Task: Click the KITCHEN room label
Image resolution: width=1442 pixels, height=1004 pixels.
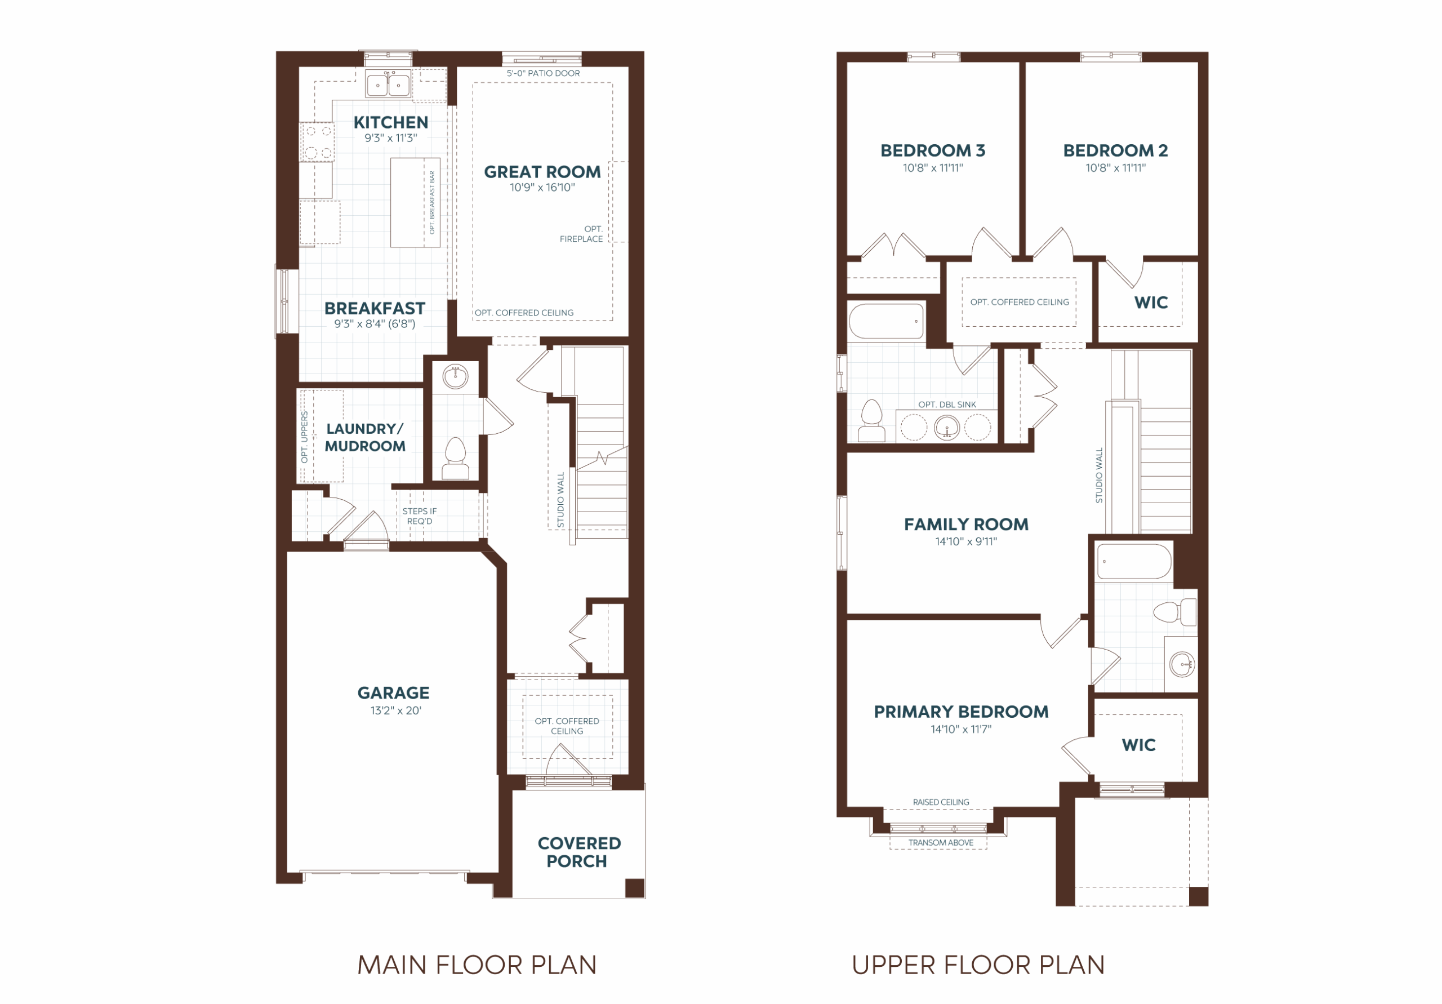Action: (391, 122)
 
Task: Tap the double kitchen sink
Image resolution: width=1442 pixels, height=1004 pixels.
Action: (388, 84)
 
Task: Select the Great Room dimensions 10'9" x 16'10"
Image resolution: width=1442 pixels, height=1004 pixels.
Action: (542, 187)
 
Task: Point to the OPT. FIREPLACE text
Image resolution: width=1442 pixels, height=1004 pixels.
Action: (581, 234)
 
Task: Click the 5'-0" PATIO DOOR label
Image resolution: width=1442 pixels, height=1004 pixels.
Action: (543, 73)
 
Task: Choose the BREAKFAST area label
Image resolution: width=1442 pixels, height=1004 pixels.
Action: (375, 309)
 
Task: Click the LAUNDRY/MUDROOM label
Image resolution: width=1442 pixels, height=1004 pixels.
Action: (365, 437)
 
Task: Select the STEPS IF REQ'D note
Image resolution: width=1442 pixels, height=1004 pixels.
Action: (420, 516)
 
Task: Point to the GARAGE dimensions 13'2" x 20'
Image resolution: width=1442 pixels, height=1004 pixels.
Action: (395, 710)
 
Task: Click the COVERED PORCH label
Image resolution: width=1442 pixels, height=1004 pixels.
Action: (578, 852)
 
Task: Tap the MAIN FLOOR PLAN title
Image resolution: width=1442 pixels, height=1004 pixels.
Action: (477, 965)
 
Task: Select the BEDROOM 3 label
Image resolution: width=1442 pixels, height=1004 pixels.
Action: (933, 151)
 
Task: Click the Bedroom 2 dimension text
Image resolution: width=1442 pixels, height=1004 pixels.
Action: (1115, 168)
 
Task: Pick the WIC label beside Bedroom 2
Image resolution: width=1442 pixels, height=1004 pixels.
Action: (1151, 303)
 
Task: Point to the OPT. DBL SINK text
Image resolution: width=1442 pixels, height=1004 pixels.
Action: (947, 405)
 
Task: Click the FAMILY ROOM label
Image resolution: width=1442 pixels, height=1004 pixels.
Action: (966, 525)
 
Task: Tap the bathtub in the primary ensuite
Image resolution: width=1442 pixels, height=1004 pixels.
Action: (1134, 561)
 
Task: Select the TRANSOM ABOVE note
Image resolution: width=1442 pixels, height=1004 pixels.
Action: (941, 842)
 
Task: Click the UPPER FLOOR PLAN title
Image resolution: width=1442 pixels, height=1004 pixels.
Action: (978, 965)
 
